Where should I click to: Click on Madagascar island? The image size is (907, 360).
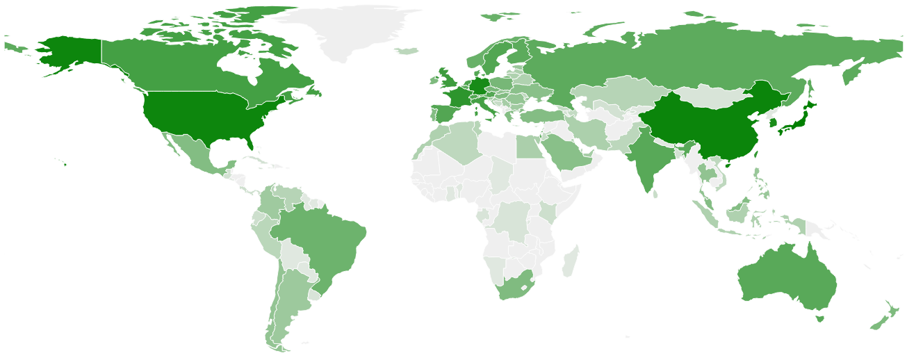571,261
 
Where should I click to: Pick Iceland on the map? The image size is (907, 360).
407,51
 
